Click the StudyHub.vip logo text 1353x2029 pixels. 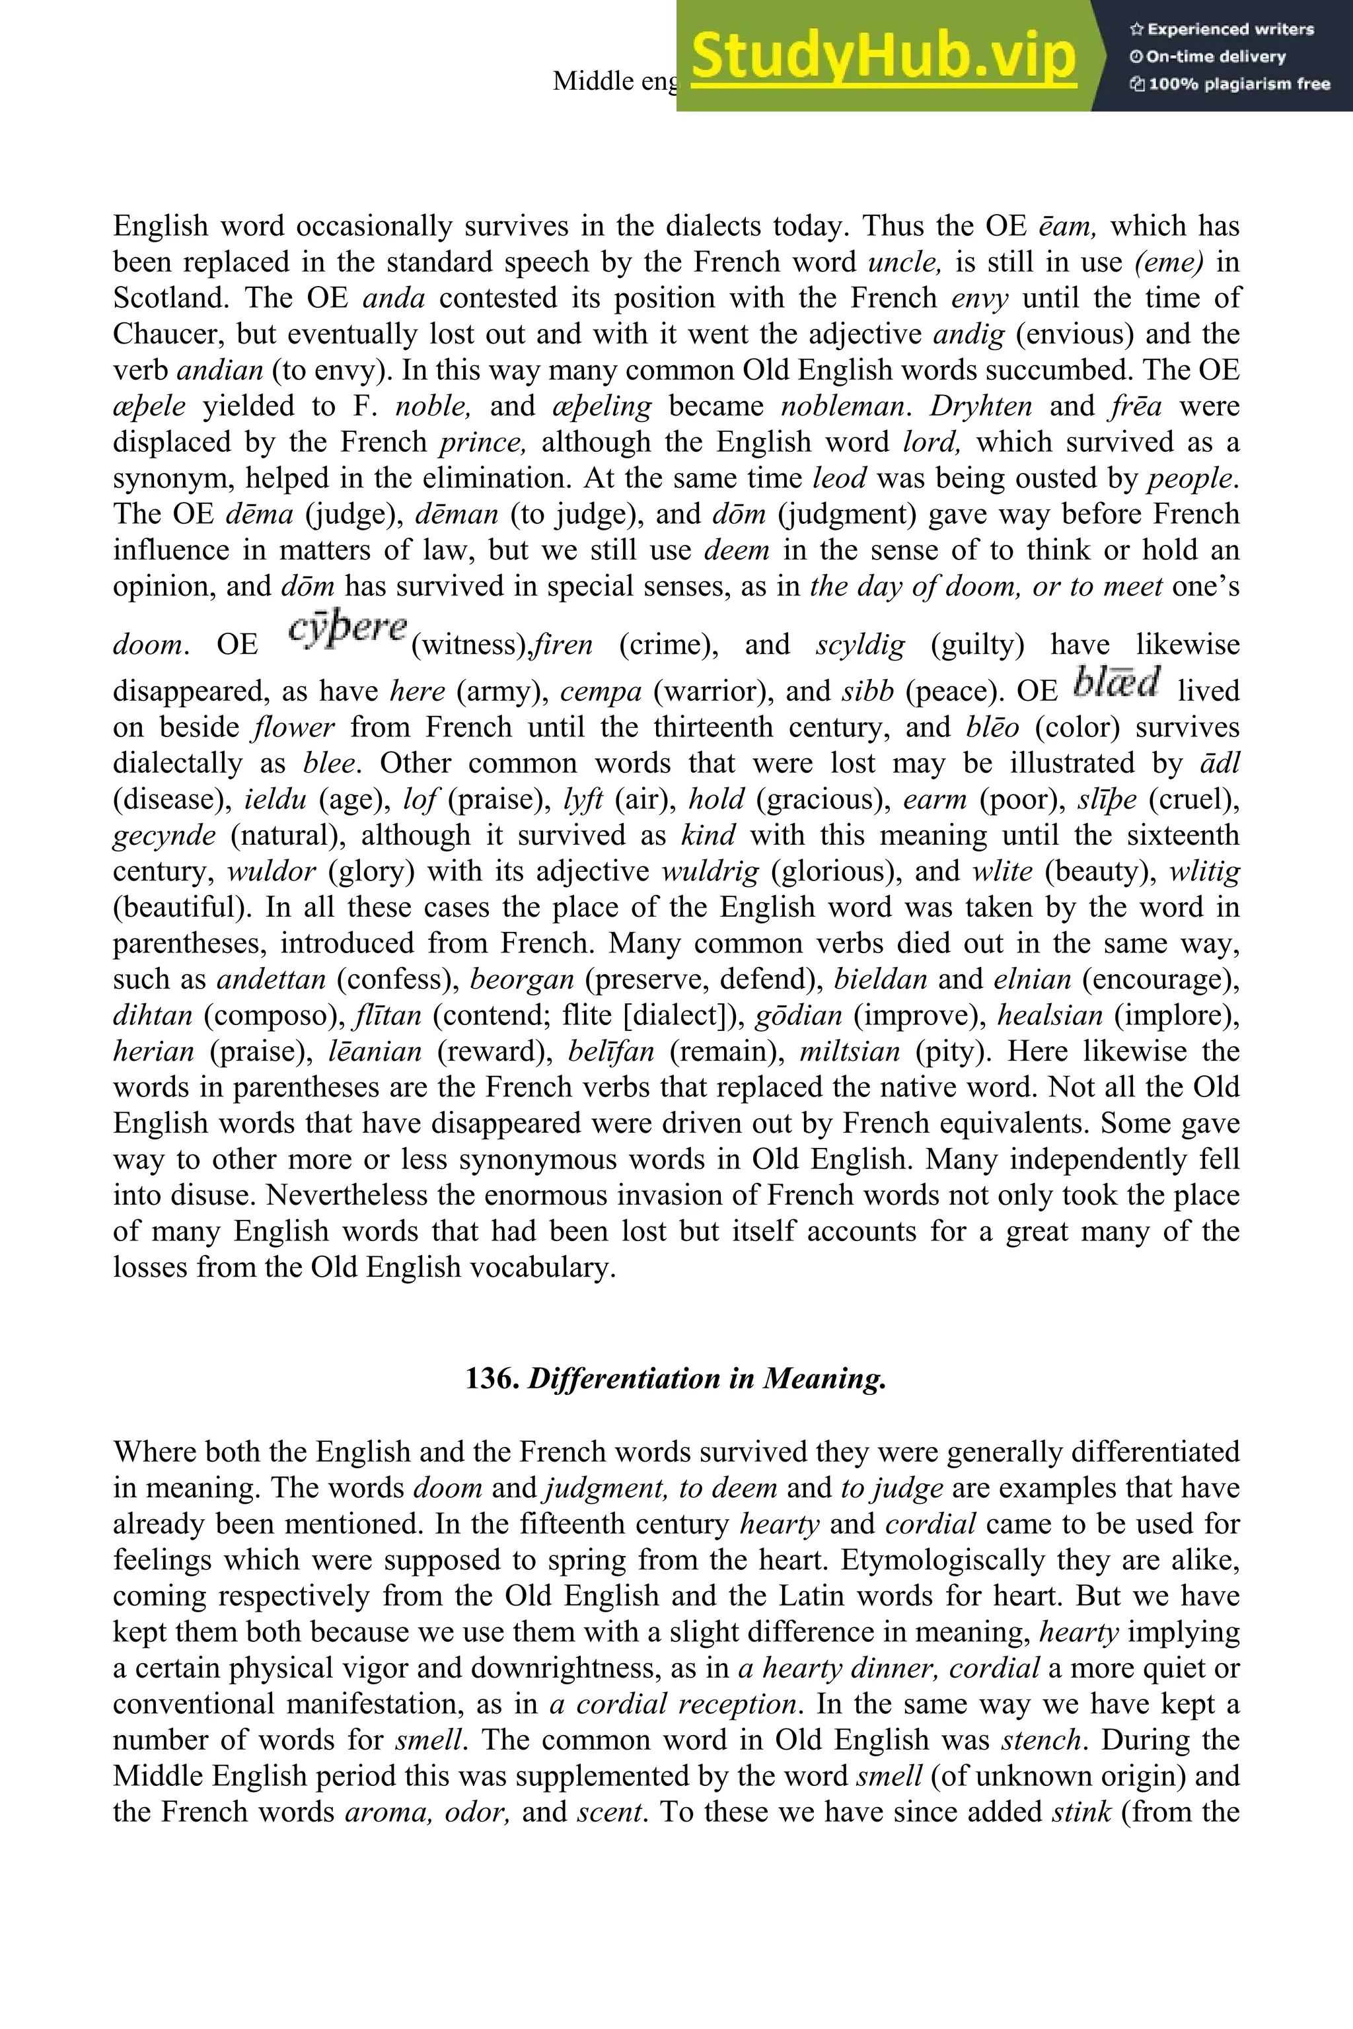(x=883, y=57)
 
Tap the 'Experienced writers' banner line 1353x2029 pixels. (x=1222, y=29)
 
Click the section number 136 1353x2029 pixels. (x=492, y=1378)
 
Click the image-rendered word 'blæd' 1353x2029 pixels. (x=1117, y=682)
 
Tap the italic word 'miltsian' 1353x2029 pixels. (x=849, y=1051)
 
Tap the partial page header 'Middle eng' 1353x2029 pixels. (x=615, y=81)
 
